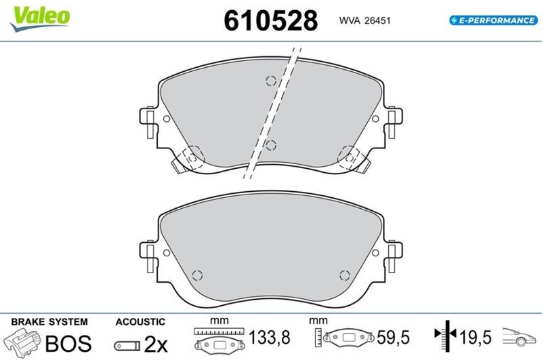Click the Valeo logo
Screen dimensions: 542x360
(40, 19)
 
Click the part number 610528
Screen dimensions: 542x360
(270, 20)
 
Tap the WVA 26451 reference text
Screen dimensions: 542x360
(364, 20)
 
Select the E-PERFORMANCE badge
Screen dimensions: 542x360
(493, 20)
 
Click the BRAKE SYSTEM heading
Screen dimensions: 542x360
(49, 322)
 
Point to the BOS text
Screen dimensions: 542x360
(68, 344)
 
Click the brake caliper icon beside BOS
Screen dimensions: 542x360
(22, 342)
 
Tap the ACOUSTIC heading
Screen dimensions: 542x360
(140, 322)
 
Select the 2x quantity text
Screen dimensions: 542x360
(156, 344)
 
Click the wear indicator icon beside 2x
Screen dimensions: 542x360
(127, 346)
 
